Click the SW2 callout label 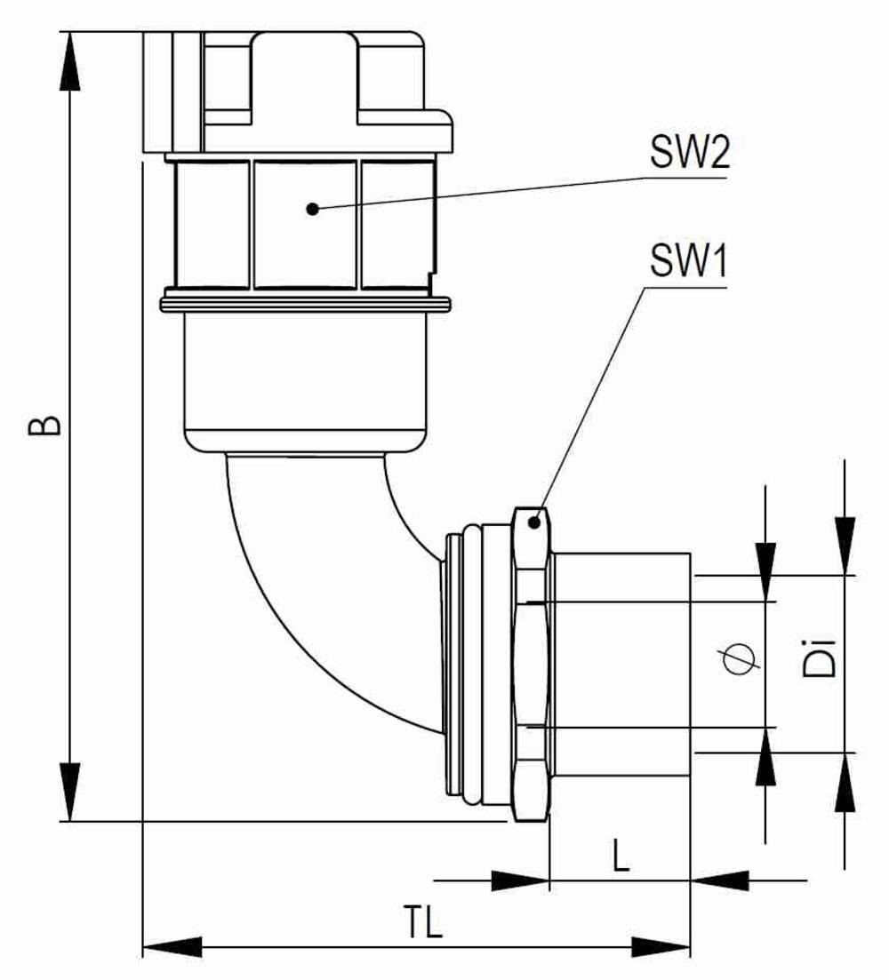pyautogui.click(x=689, y=155)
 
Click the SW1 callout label pyautogui.click(x=689, y=263)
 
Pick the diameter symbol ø pyautogui.click(x=741, y=661)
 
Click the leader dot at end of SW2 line pyautogui.click(x=312, y=209)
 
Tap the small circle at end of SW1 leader pyautogui.click(x=533, y=522)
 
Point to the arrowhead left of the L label pyautogui.click(x=520, y=880)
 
